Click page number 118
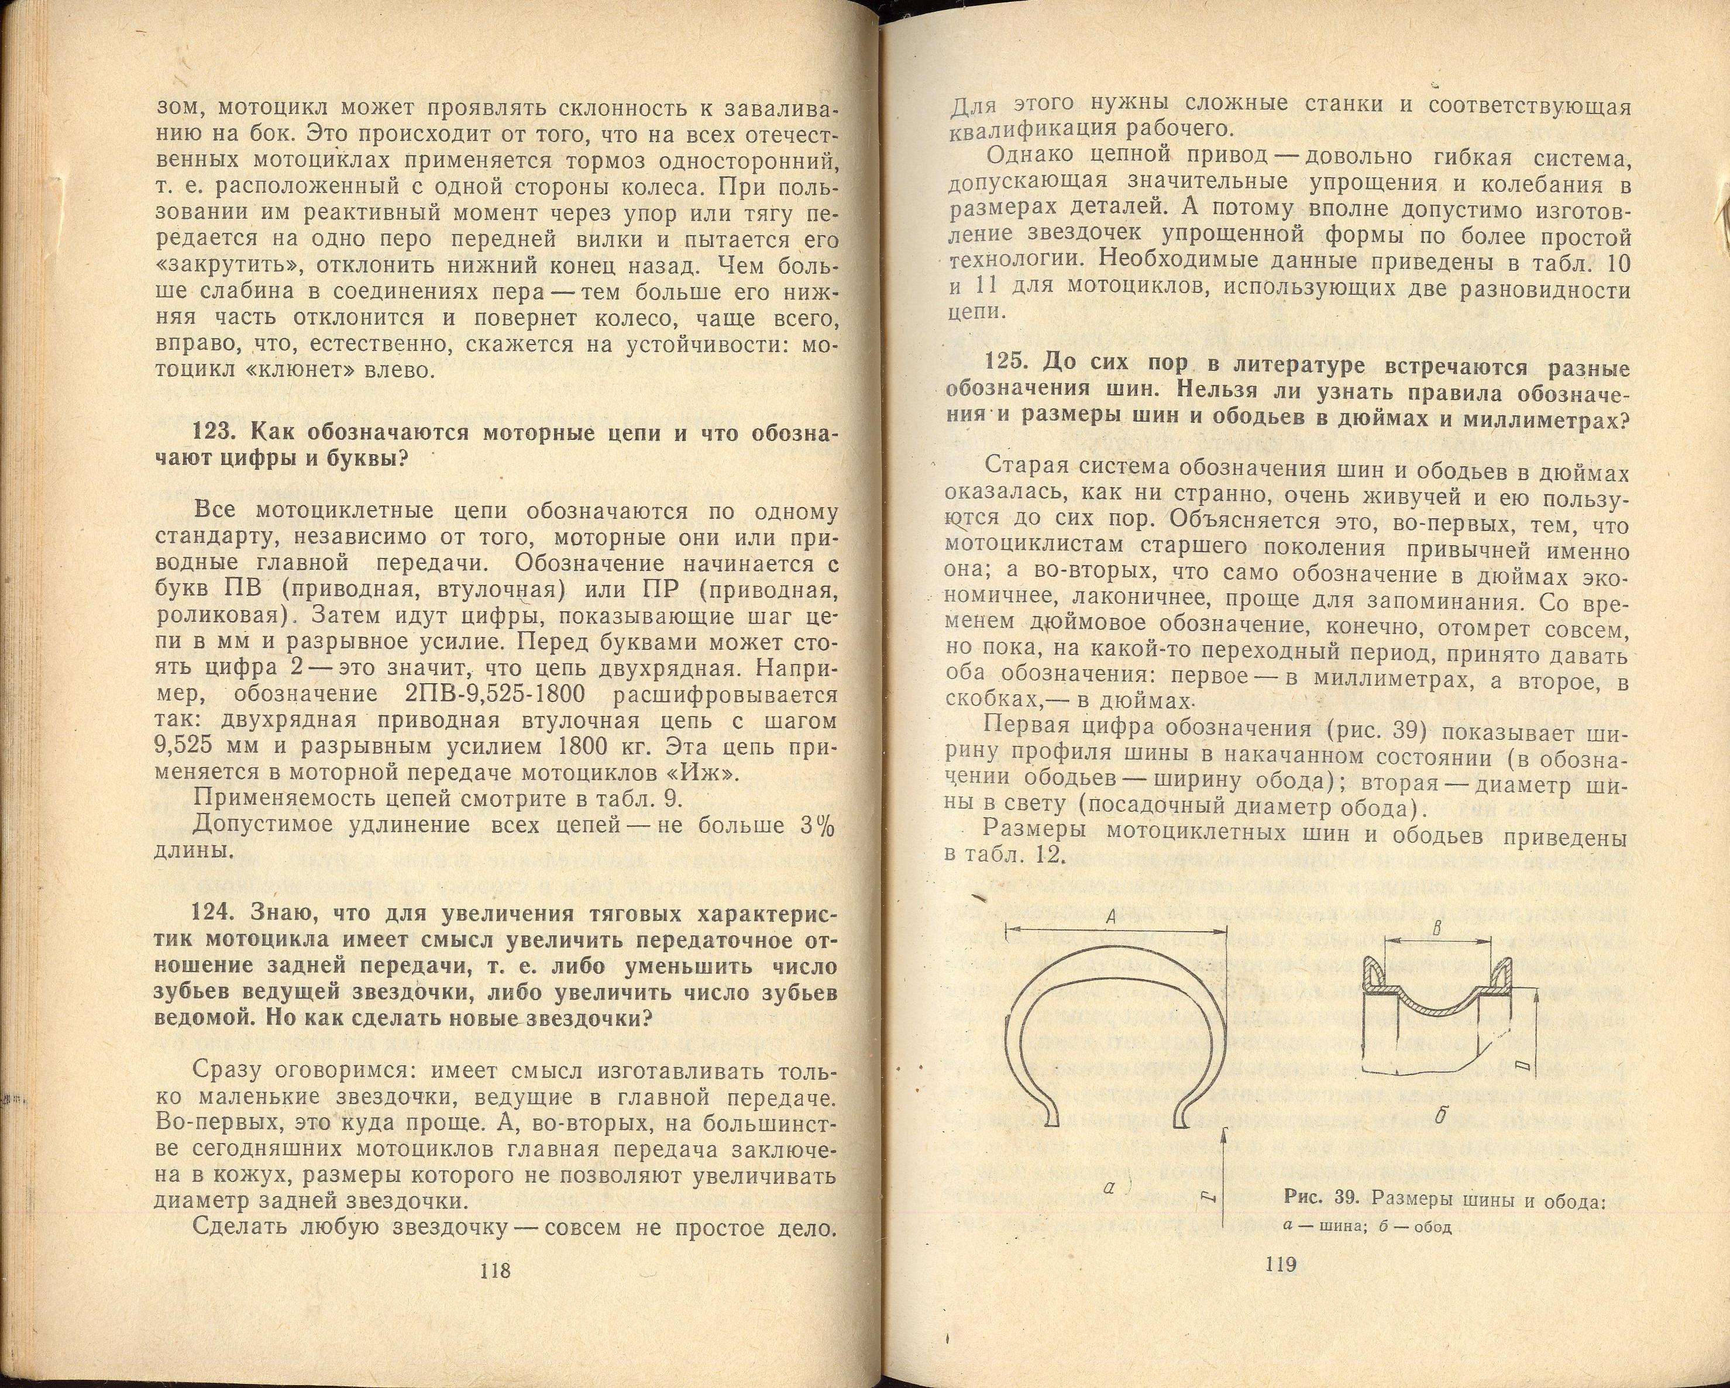[x=494, y=1270]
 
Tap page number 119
[x=1281, y=1265]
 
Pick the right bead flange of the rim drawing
[x=1501, y=973]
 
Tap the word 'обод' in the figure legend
[x=1433, y=1250]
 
